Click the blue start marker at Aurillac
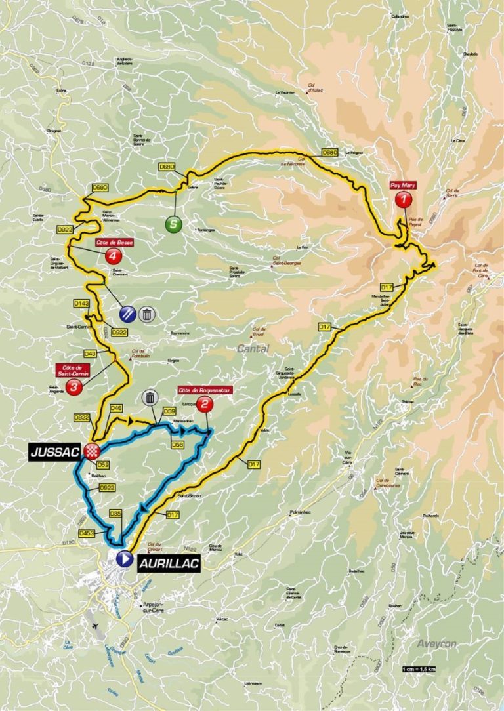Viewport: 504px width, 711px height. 123,559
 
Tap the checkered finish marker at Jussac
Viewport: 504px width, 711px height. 93,451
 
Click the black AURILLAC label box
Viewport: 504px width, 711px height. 167,562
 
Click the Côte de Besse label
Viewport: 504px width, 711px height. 110,242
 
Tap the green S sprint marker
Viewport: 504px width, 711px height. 173,224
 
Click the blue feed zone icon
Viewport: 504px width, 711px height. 129,314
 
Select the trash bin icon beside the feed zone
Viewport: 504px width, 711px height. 148,314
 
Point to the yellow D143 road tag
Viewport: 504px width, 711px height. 81,304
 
